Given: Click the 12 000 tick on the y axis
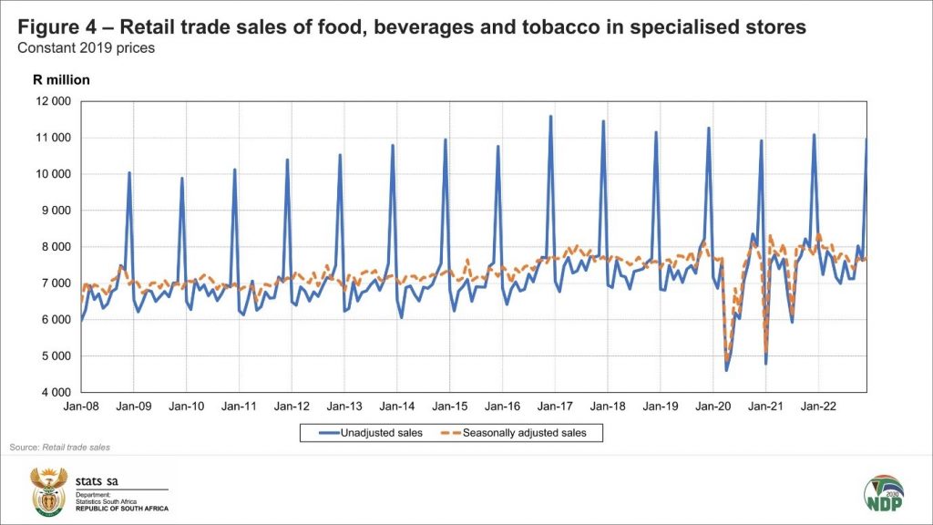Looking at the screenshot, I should pyautogui.click(x=56, y=101).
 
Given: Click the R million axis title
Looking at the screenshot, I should pyautogui.click(x=61, y=79).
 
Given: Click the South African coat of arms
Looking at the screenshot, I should pyautogui.click(x=50, y=492).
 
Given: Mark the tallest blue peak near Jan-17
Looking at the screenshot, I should pyautogui.click(x=550, y=117).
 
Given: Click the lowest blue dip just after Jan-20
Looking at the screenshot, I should pyautogui.click(x=726, y=369).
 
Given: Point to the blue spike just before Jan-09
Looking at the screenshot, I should pyautogui.click(x=129, y=172).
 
